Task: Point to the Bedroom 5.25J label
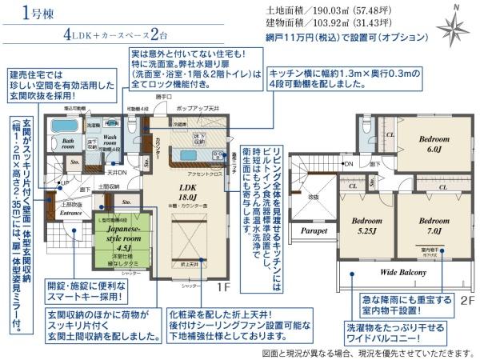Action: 365,225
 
